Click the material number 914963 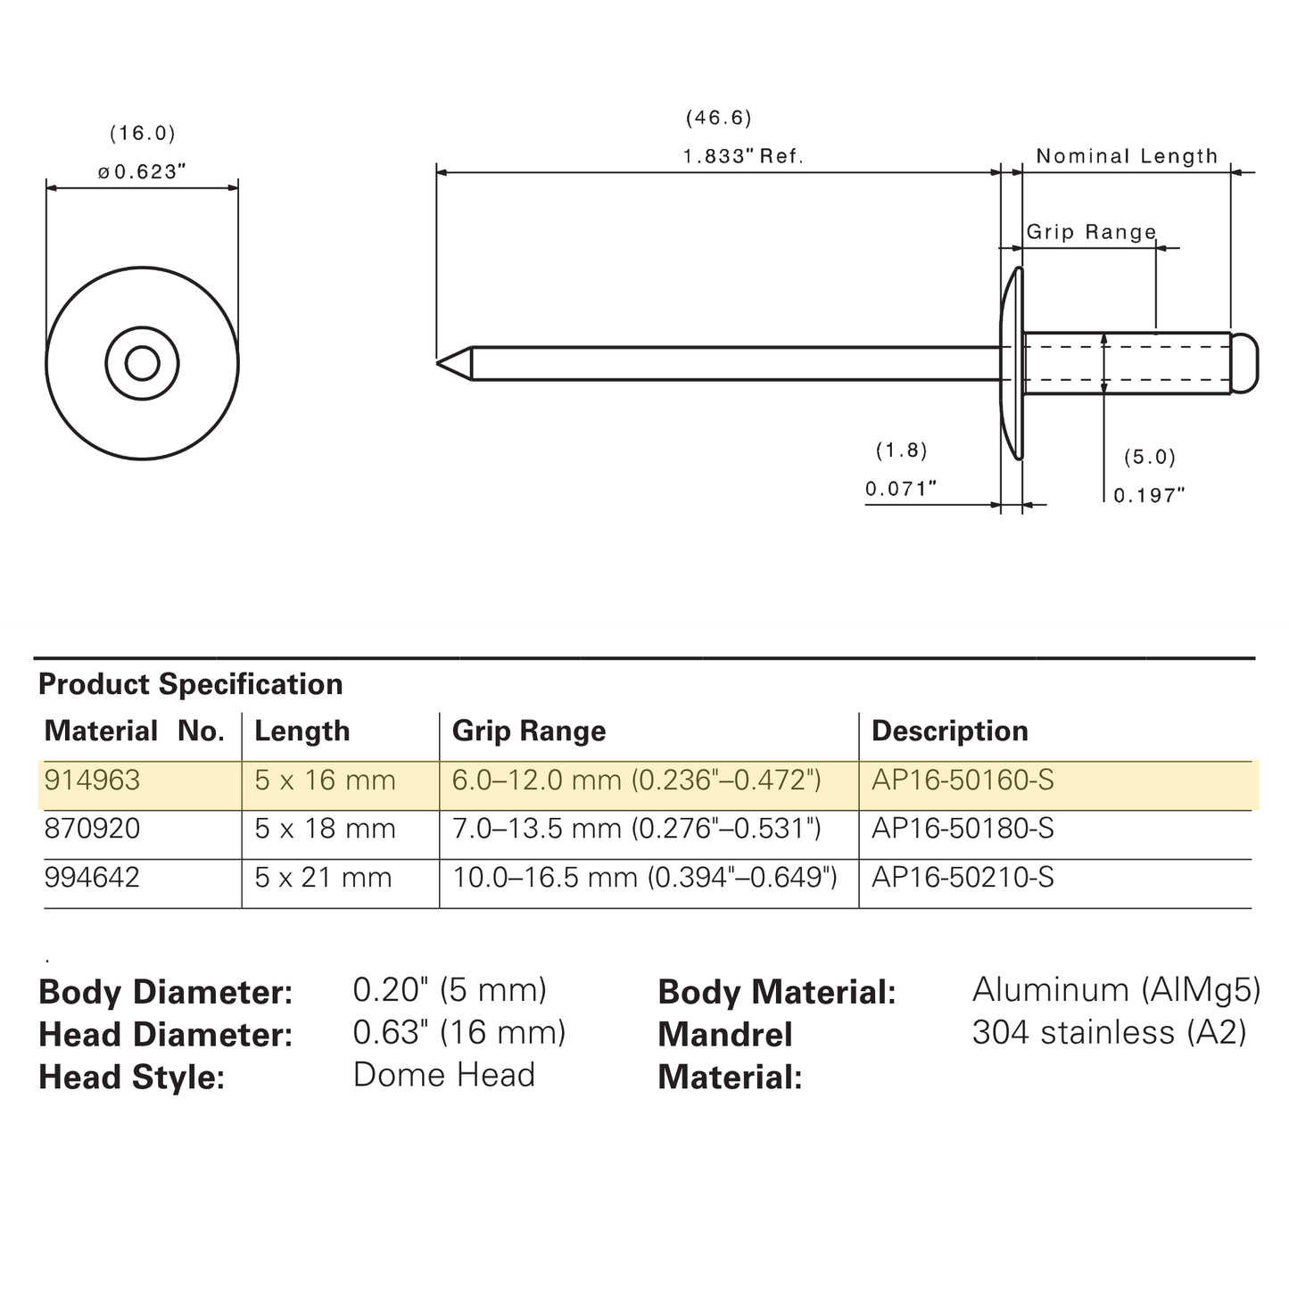[x=92, y=780]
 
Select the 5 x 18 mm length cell [x=325, y=829]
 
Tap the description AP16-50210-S [x=963, y=878]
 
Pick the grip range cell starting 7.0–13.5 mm [x=637, y=829]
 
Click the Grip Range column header [x=529, y=731]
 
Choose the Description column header [x=950, y=731]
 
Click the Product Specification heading [x=191, y=684]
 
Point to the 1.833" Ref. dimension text [x=742, y=156]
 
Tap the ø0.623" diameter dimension [x=141, y=172]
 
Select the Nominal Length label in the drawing [x=1127, y=156]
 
